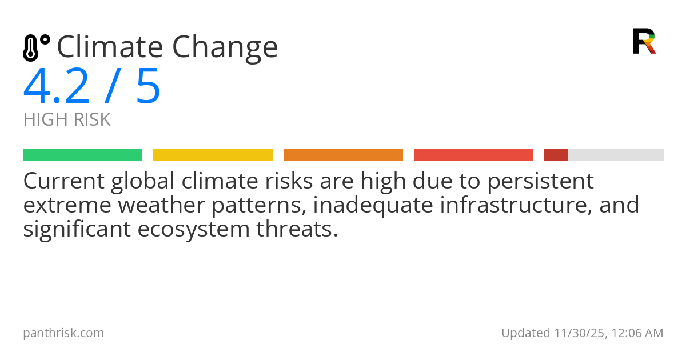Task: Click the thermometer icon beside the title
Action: point(35,47)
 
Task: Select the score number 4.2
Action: point(57,87)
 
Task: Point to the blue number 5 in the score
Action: point(148,87)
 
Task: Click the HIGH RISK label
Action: point(67,120)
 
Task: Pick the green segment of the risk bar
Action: point(82,155)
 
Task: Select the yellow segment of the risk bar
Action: point(213,155)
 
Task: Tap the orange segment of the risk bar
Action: point(343,155)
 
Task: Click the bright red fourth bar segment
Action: point(473,155)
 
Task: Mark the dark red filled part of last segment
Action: point(556,155)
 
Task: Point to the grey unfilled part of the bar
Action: point(616,155)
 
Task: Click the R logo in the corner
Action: point(644,41)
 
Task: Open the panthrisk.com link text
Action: point(63,333)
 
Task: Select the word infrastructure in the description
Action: point(515,205)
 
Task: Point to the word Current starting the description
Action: point(63,181)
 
